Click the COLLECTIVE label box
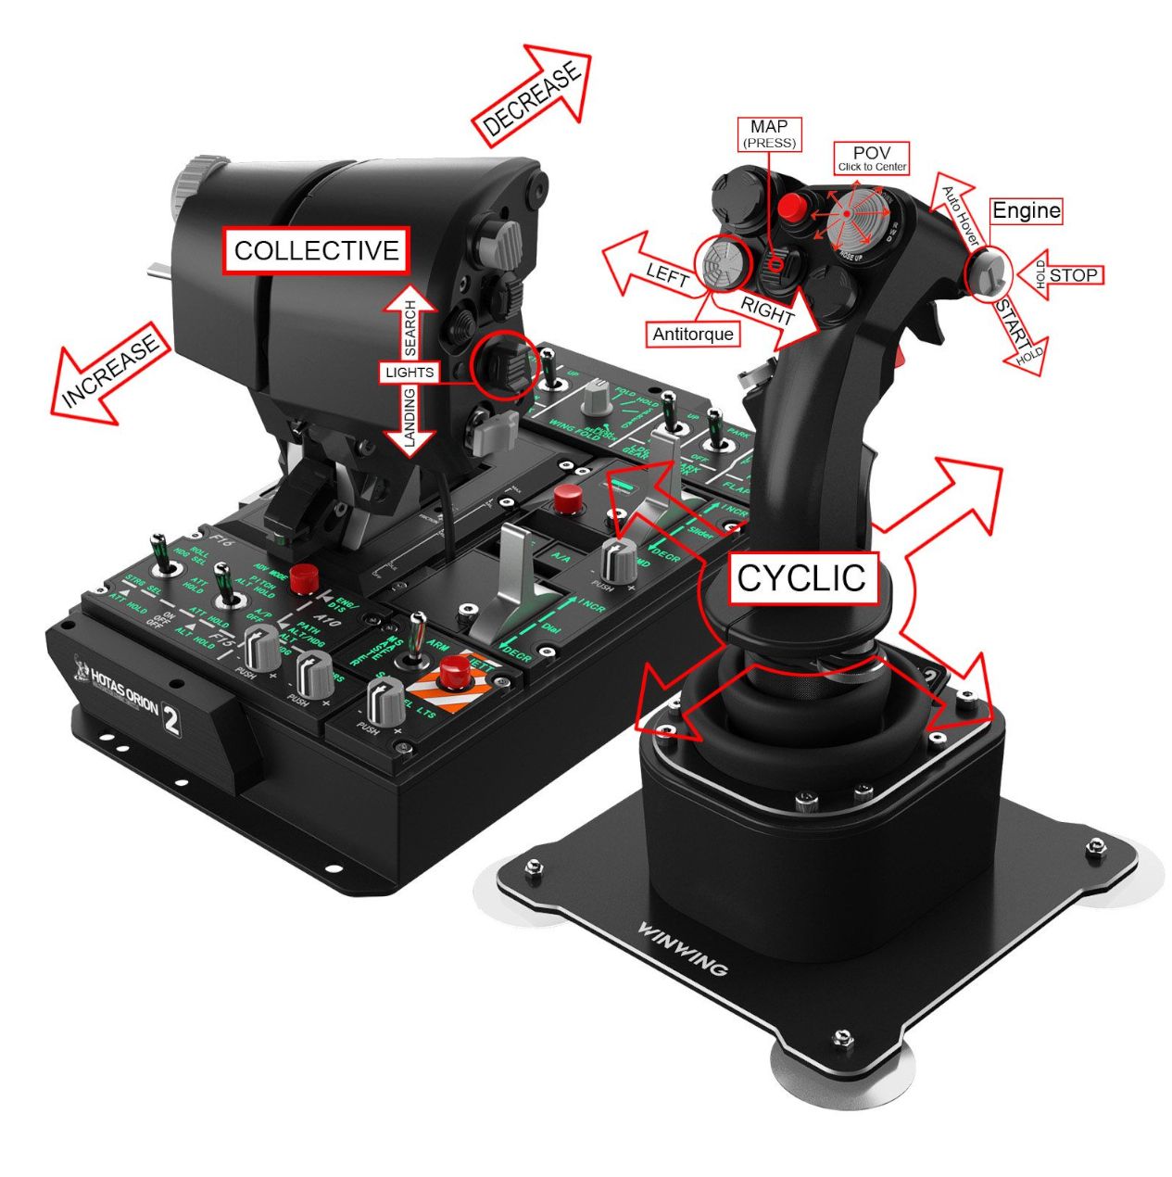[316, 250]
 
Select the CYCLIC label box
[801, 578]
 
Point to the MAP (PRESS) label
[769, 134]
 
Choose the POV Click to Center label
[871, 158]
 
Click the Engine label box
[1026, 211]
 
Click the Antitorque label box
[692, 335]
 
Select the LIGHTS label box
[409, 373]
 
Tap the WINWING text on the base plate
[683, 948]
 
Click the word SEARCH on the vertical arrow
[410, 328]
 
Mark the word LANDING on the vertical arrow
[410, 419]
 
